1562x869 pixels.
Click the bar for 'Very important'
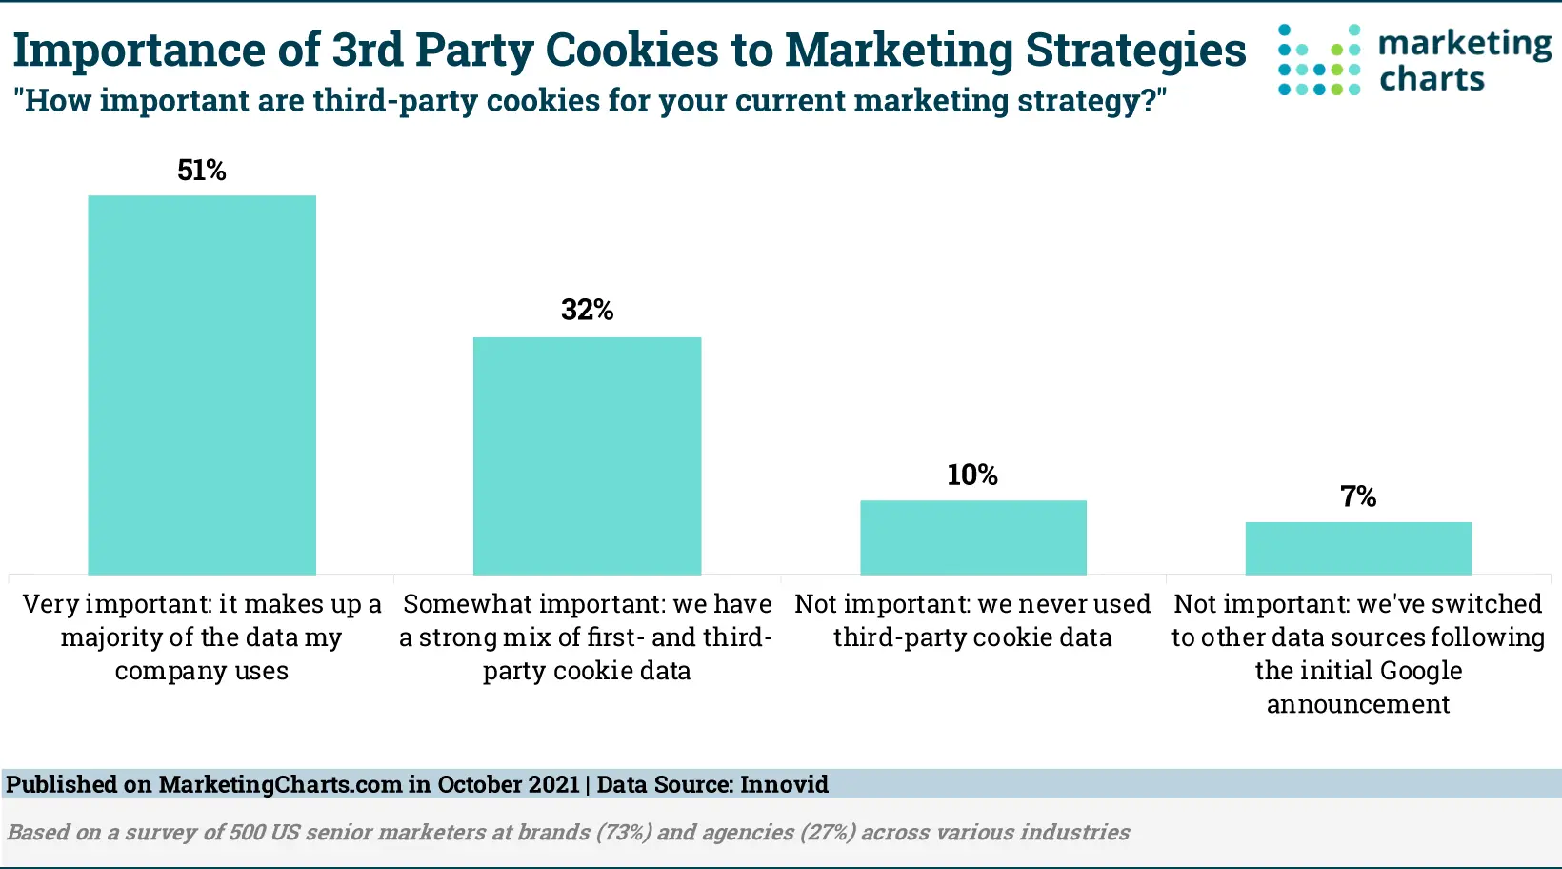[202, 385]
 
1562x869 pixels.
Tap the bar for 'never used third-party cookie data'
[972, 537]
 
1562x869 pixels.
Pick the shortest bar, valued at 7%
[1358, 548]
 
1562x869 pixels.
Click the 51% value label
[202, 171]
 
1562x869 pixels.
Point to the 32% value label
[587, 311]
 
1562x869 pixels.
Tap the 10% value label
[972, 475]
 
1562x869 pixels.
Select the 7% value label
[1358, 496]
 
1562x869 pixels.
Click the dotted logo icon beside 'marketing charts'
[1319, 60]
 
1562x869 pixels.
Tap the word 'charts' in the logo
[1432, 79]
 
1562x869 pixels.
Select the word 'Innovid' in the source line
[784, 784]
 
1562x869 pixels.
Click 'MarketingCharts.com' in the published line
[280, 784]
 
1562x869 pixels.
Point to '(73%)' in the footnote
[624, 833]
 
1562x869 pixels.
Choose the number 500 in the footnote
[247, 833]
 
